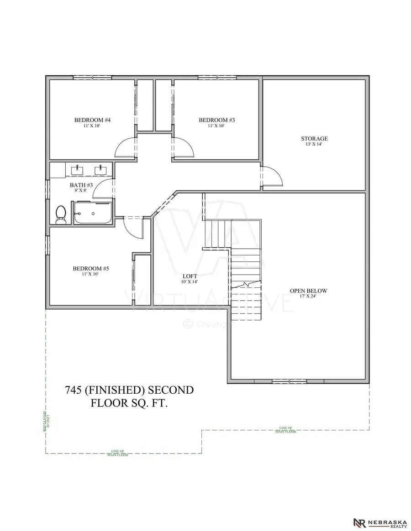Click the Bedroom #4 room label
[x=93, y=120]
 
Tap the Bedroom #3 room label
[x=217, y=120]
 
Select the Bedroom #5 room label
[x=91, y=269]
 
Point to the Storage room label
[x=314, y=139]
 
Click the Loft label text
[x=190, y=276]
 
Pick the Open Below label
[x=309, y=291]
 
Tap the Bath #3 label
[x=81, y=185]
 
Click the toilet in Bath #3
[x=60, y=214]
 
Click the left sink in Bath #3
[x=78, y=170]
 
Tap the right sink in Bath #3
[x=100, y=170]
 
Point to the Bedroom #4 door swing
[x=125, y=148]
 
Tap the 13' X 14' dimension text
[x=314, y=145]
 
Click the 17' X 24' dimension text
[x=309, y=297]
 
